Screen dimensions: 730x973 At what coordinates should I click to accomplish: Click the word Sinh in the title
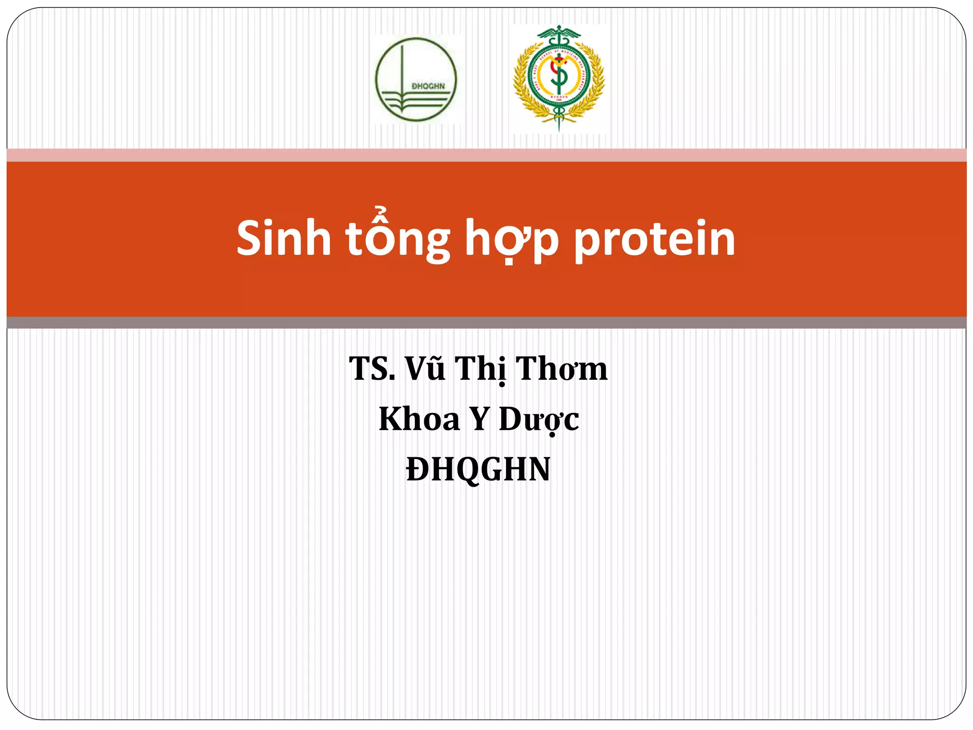click(284, 239)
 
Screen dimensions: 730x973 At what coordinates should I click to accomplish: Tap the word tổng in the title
click(397, 239)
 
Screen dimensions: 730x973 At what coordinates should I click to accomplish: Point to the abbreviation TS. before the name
click(372, 369)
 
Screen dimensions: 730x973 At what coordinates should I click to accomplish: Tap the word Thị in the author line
click(481, 369)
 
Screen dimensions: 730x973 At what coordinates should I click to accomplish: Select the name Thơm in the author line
click(562, 369)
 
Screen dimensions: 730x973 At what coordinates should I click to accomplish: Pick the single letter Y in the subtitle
click(479, 419)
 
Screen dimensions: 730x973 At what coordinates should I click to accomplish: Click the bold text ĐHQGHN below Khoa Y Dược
click(478, 470)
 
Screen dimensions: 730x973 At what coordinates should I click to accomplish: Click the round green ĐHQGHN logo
click(416, 79)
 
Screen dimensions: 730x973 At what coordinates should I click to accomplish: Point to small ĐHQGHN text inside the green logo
click(428, 86)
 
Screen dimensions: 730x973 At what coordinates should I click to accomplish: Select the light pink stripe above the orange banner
click(486, 155)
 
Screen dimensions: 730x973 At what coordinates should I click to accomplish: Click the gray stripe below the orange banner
click(486, 323)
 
